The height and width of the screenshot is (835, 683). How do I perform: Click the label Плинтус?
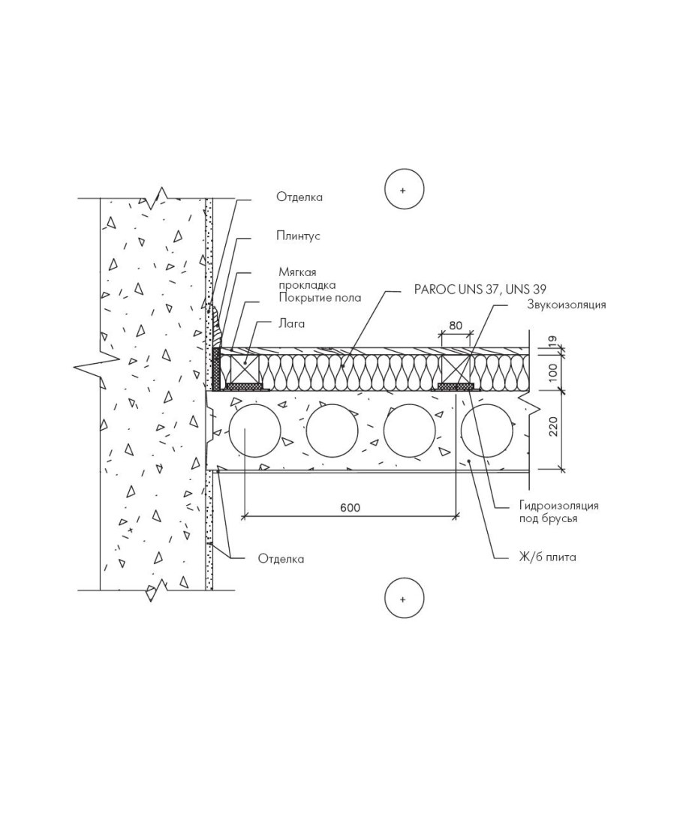tap(298, 236)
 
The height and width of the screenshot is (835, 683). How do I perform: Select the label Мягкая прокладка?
tap(307, 278)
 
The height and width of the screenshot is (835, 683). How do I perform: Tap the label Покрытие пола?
tap(320, 298)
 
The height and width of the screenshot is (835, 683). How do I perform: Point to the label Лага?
tap(291, 324)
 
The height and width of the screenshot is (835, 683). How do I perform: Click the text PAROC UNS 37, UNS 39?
tap(480, 289)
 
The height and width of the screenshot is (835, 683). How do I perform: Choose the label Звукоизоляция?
tap(567, 305)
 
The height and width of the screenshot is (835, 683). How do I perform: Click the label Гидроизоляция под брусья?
tap(559, 511)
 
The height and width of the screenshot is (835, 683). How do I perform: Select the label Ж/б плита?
tap(548, 557)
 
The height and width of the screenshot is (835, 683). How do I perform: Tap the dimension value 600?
tap(350, 507)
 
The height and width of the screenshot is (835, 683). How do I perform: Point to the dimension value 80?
tap(456, 325)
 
